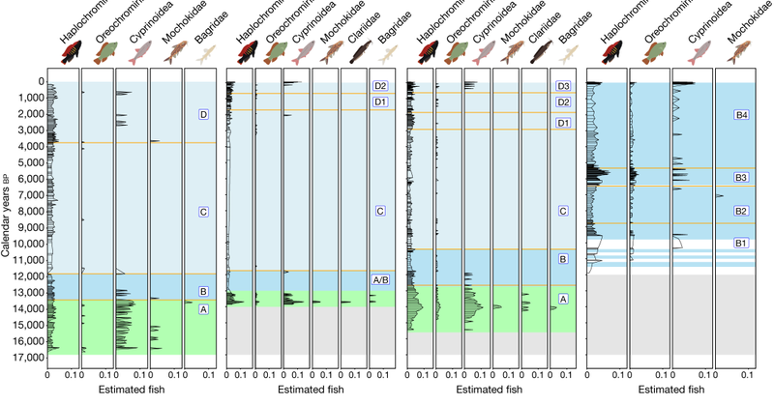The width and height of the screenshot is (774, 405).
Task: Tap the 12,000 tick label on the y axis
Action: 25,276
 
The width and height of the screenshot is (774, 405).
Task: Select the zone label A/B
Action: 380,280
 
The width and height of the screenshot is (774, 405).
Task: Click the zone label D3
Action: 563,87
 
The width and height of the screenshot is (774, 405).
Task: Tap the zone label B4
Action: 742,115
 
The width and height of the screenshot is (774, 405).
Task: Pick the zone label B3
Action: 742,178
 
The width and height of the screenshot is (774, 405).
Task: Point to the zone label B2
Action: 742,211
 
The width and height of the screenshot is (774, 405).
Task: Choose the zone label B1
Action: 742,243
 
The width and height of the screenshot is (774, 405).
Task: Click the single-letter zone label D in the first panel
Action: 202,115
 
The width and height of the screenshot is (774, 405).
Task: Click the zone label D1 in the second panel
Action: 380,102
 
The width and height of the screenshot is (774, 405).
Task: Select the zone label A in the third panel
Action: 563,301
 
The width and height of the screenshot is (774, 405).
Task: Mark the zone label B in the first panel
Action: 202,292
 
